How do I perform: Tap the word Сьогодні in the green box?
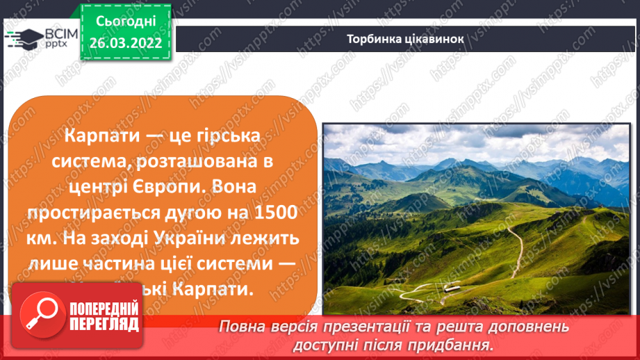pos(125,22)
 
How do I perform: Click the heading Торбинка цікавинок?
pos(404,39)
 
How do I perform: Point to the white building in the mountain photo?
pos(451,288)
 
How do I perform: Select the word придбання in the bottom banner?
pos(460,344)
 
